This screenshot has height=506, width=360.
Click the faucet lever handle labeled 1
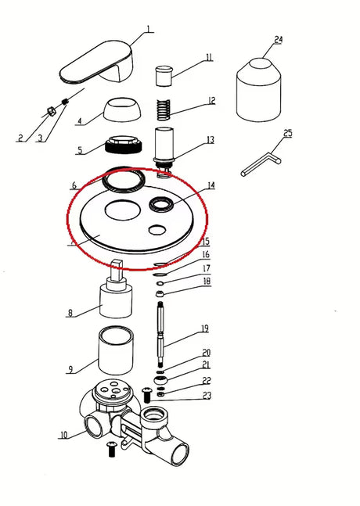point(97,63)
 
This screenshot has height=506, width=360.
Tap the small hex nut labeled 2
point(51,111)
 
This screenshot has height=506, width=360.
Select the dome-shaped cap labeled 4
point(122,110)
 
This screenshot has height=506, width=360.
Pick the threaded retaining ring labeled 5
point(124,144)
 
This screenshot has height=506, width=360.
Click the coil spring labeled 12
point(164,110)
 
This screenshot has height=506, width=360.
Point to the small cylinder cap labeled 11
point(164,76)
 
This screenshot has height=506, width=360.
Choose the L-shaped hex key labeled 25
point(261,164)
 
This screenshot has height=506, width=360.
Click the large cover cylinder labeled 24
point(258,90)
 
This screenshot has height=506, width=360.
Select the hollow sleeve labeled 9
point(116,350)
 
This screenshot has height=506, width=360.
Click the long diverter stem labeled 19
point(161,334)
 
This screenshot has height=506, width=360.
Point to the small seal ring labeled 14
point(161,205)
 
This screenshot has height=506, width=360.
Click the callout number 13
point(211,140)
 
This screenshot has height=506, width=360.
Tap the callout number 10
point(64,435)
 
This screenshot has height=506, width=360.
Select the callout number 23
point(207,395)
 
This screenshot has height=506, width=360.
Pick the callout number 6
point(74,185)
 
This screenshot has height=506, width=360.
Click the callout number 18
point(207,281)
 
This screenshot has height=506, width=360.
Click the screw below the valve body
point(112,449)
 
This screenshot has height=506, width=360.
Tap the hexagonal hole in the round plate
point(157,230)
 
